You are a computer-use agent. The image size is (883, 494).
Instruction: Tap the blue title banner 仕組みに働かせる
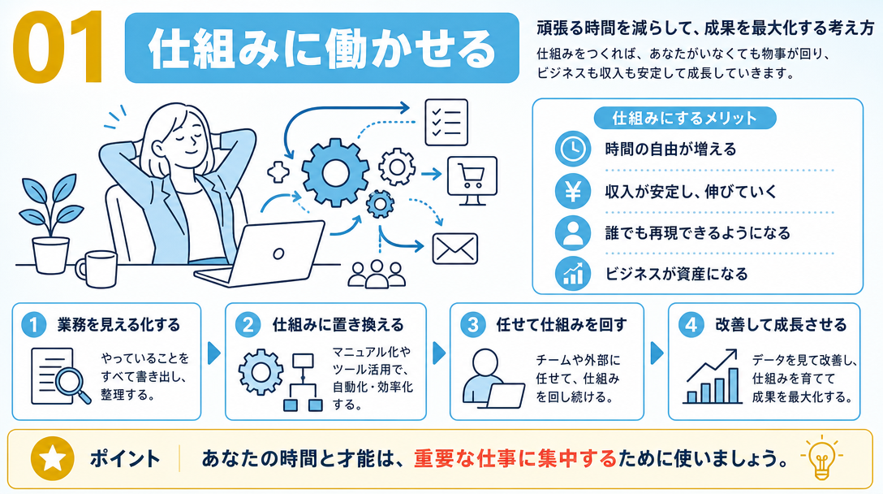(x=321, y=48)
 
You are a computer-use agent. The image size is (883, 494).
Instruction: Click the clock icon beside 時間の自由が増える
(x=573, y=149)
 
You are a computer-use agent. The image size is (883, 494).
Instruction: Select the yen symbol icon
(x=573, y=192)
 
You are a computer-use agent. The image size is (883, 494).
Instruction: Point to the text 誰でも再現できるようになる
(x=697, y=233)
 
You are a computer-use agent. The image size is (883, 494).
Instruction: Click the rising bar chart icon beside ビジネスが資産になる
(x=573, y=274)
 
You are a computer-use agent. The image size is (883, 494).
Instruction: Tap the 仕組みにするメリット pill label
(x=685, y=118)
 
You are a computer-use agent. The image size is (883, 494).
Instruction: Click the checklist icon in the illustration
(x=446, y=123)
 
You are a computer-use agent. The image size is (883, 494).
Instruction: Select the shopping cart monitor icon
(x=472, y=180)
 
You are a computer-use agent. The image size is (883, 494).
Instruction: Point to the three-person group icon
(x=377, y=274)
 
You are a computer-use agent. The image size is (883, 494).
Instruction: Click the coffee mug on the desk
(x=97, y=268)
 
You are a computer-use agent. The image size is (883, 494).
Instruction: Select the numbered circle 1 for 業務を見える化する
(x=33, y=325)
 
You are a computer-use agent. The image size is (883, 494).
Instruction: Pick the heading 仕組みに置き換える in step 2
(x=338, y=325)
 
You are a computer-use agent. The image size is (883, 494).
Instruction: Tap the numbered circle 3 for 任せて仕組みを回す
(x=472, y=325)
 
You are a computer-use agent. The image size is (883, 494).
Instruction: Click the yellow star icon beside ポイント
(x=53, y=458)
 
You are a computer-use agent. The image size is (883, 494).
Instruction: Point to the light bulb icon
(x=821, y=458)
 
